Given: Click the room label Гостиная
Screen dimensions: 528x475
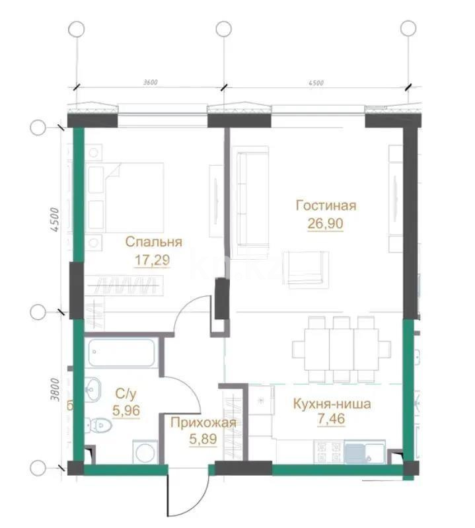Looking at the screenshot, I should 326,206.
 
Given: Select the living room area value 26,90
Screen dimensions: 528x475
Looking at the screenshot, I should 326,223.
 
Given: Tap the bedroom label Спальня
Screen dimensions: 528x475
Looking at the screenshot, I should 153,243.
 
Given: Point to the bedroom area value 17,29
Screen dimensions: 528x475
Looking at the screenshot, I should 153,260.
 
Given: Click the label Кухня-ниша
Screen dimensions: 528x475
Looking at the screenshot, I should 332,404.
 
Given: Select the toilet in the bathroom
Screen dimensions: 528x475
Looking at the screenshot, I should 100,423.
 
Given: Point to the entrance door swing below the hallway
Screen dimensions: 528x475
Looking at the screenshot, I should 183,492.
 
